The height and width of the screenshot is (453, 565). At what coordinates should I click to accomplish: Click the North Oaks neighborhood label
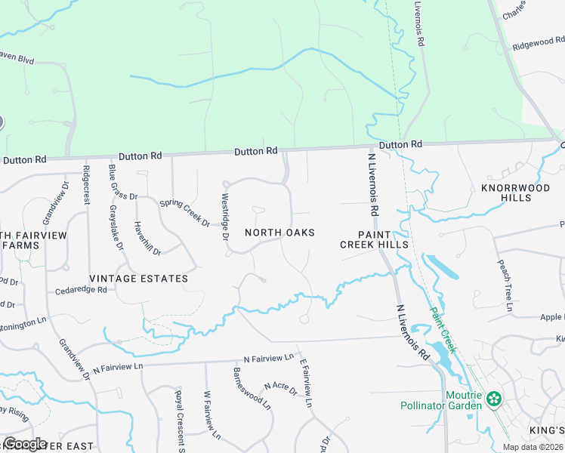click(x=279, y=233)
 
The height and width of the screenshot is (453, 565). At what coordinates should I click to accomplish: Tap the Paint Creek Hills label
click(x=373, y=239)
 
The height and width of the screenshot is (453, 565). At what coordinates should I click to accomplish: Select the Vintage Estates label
click(x=138, y=279)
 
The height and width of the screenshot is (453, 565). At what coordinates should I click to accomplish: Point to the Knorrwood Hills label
click(x=505, y=193)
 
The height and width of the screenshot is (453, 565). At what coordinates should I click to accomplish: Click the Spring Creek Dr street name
click(x=184, y=213)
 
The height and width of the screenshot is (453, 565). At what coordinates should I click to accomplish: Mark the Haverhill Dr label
click(x=144, y=236)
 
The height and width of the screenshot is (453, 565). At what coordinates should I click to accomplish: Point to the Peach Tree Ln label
click(x=504, y=285)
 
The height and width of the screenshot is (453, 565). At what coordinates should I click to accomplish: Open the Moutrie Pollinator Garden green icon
click(x=494, y=398)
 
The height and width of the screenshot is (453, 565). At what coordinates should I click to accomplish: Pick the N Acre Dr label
click(x=280, y=390)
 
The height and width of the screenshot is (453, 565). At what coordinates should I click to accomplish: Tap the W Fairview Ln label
click(x=211, y=415)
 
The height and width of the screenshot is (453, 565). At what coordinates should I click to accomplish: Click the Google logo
click(x=26, y=444)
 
